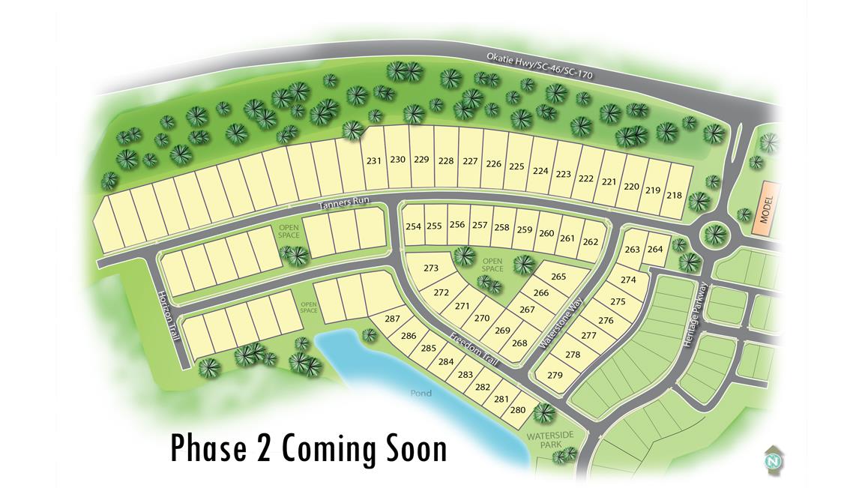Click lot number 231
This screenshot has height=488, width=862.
[x=374, y=160]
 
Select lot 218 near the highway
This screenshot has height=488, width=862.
[x=674, y=196]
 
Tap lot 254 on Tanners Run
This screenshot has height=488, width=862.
[x=413, y=226]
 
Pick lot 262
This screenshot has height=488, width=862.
[x=591, y=241]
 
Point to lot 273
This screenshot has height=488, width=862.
[x=431, y=268]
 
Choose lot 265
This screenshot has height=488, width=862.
[x=558, y=277]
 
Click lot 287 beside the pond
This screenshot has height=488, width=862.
[x=392, y=319]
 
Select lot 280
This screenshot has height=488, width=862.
[x=518, y=410]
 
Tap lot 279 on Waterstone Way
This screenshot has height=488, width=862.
[x=555, y=375]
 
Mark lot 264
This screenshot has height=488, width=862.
[x=655, y=250]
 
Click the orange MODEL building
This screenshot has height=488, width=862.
[x=766, y=209]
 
